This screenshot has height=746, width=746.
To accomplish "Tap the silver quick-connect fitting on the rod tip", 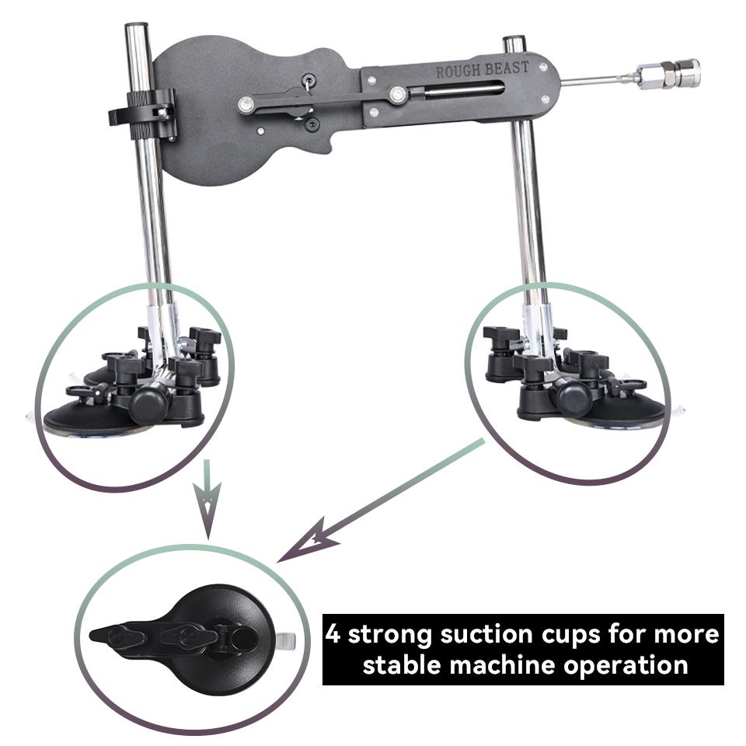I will click(669, 75).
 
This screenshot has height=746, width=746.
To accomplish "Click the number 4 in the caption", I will click(333, 634).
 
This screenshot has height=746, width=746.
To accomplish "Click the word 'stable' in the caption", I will click(405, 665).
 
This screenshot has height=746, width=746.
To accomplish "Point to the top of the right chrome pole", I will click(514, 43).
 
